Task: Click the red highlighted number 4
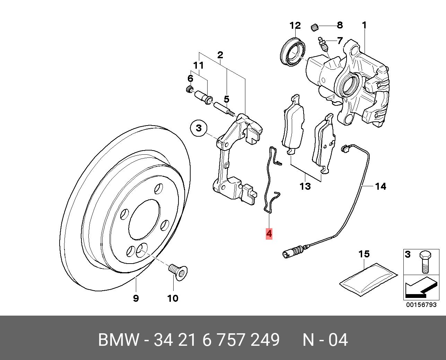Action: tap(269, 233)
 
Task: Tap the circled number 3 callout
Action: tap(199, 128)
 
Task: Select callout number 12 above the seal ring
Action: tap(295, 26)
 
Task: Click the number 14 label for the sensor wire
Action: tap(381, 187)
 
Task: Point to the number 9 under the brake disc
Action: tap(136, 298)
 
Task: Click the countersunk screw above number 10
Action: tap(177, 271)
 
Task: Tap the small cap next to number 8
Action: tap(315, 27)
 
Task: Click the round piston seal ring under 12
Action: tap(292, 51)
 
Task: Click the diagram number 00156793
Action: tap(422, 305)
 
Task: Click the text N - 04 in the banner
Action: tap(325, 340)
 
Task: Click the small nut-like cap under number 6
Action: tap(190, 89)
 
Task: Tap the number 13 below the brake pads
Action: tap(305, 187)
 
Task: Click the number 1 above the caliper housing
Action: tap(364, 25)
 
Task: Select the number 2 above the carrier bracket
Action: tap(220, 55)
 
